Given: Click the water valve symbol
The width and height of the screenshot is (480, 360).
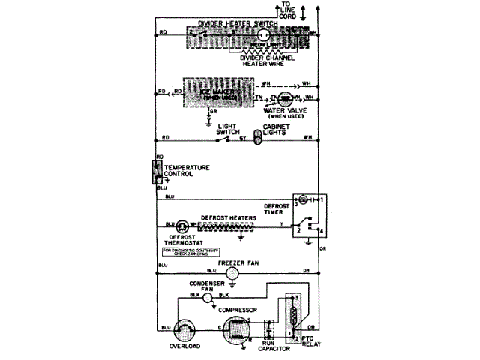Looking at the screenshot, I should tap(287, 98).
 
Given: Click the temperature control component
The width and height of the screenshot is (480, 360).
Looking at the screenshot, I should tap(156, 172).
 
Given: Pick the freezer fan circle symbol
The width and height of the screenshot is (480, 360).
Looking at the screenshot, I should tap(233, 275).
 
